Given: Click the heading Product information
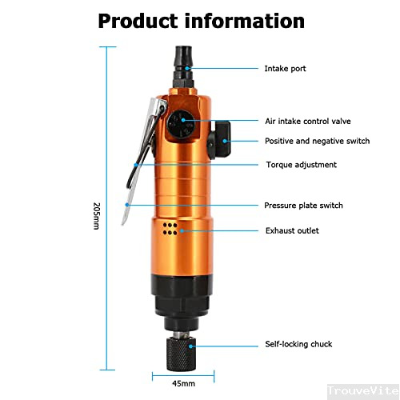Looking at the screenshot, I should point(201,21).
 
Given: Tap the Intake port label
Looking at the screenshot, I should point(285,69).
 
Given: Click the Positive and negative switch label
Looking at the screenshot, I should point(317,141).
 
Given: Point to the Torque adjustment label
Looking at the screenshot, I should point(301,165).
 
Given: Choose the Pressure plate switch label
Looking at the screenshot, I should point(303,206).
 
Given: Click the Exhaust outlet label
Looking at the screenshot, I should point(292,230).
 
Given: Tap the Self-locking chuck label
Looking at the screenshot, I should point(298,344).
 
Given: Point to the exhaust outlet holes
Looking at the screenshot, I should point(170,230).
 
